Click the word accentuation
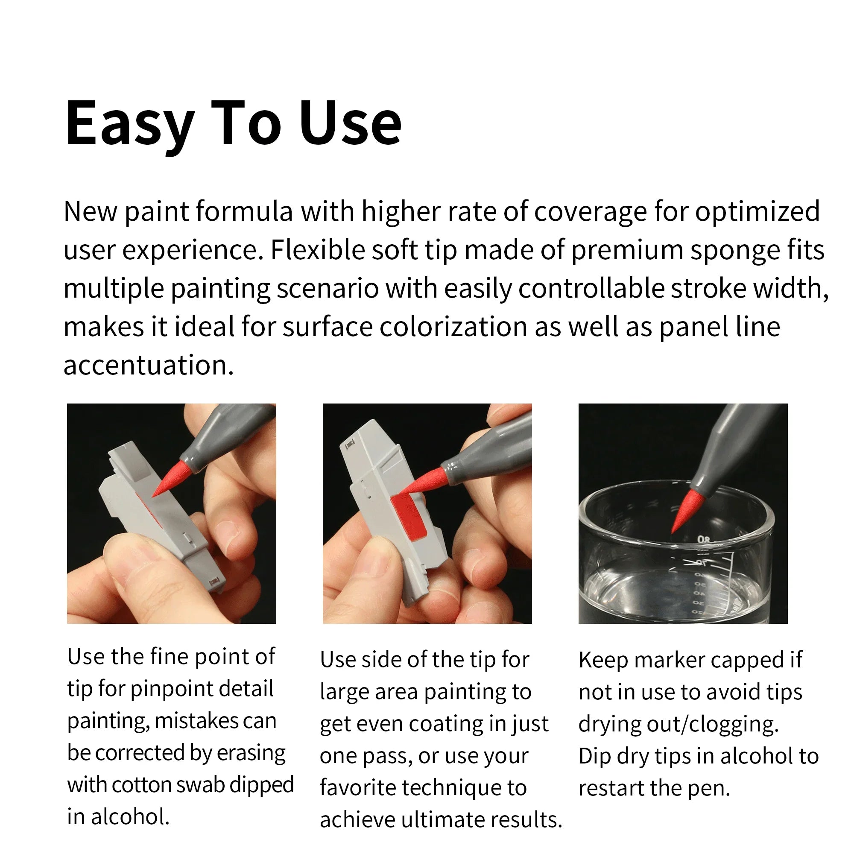click(149, 365)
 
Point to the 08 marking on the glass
click(703, 540)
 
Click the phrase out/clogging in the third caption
click(712, 724)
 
